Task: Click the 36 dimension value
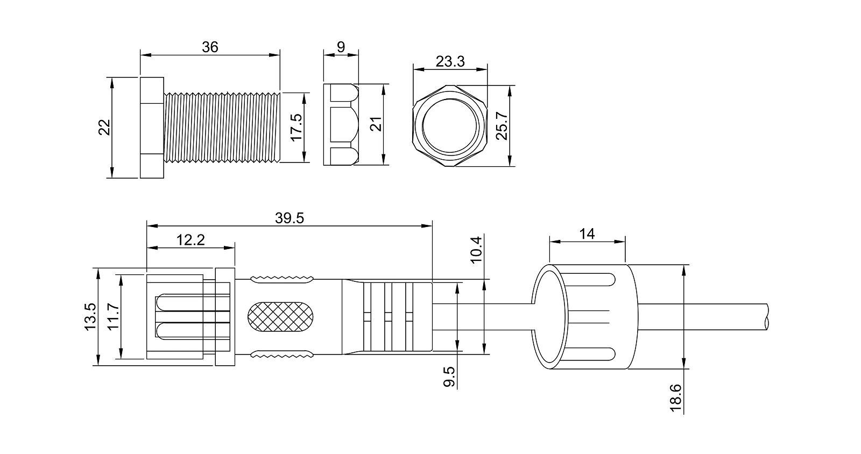tap(210, 47)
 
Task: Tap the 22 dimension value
tap(104, 127)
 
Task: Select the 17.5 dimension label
tap(297, 127)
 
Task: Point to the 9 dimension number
tap(341, 47)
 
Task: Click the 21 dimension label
tap(376, 124)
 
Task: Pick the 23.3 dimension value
tap(450, 61)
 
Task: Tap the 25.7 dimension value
tap(502, 125)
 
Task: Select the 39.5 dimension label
tap(290, 218)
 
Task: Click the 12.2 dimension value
tap(190, 240)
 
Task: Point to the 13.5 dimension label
tap(90, 317)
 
